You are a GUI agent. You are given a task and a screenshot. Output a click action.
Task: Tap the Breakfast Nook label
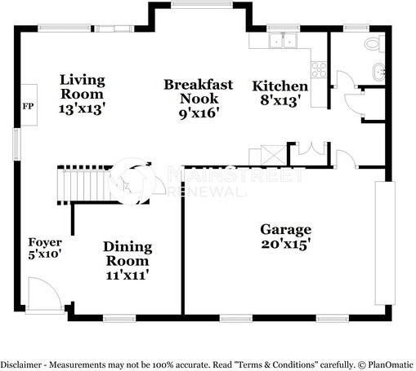point(198,98)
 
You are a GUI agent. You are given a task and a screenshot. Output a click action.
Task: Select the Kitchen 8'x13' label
point(280,93)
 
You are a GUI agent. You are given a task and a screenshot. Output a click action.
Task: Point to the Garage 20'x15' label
point(285,236)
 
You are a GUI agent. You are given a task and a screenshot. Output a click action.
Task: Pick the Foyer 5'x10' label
point(45,249)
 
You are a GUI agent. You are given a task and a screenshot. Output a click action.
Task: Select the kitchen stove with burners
point(319,71)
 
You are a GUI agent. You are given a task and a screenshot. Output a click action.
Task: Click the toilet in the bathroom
point(372,44)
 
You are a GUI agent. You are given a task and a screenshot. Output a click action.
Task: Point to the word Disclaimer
point(20,364)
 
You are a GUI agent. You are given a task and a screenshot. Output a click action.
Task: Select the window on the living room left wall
point(16,145)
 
